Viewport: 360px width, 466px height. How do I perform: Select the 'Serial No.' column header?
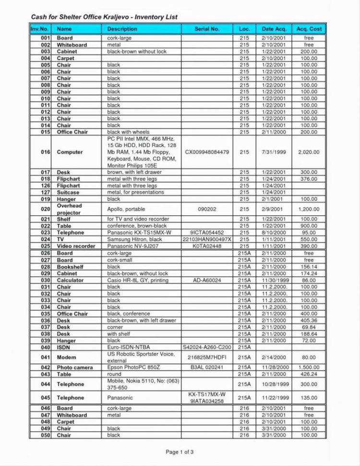(x=207, y=29)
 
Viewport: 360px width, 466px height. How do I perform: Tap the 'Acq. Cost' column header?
(x=309, y=29)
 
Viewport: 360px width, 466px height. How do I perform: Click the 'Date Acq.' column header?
(x=274, y=29)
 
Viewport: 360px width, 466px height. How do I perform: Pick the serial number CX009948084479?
(x=207, y=152)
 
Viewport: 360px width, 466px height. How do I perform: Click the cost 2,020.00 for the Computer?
(x=309, y=152)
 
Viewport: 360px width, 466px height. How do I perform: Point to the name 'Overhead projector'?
(x=69, y=209)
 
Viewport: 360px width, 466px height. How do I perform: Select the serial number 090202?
(x=207, y=209)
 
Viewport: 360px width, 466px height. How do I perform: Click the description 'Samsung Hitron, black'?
(x=134, y=239)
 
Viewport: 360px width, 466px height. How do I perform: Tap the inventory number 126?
(x=46, y=185)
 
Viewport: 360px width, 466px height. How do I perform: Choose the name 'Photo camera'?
(x=74, y=368)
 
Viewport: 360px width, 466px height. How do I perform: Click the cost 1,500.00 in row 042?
(x=309, y=368)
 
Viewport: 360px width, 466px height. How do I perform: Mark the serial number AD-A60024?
(x=207, y=280)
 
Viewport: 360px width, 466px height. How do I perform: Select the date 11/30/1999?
(x=274, y=280)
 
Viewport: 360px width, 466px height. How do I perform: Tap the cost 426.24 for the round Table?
(x=309, y=374)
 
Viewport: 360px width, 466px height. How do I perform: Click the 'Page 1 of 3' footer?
(x=180, y=452)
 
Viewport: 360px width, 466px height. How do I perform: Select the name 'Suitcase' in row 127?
(x=68, y=192)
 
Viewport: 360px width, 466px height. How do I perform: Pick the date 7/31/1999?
(x=274, y=152)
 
